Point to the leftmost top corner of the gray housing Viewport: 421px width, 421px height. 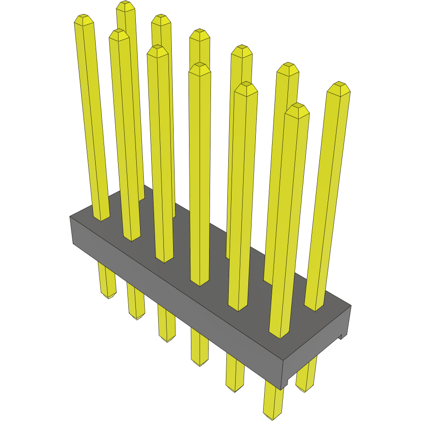click(70, 217)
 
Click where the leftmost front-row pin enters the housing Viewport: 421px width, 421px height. click(101, 218)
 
